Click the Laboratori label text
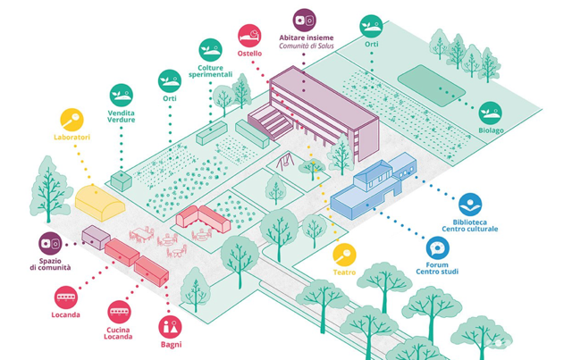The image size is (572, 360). [71, 138]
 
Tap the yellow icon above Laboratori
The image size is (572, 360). [71, 118]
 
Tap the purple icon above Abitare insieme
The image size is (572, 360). [304, 17]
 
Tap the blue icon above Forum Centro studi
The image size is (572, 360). [438, 248]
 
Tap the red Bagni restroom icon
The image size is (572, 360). [170, 326]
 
